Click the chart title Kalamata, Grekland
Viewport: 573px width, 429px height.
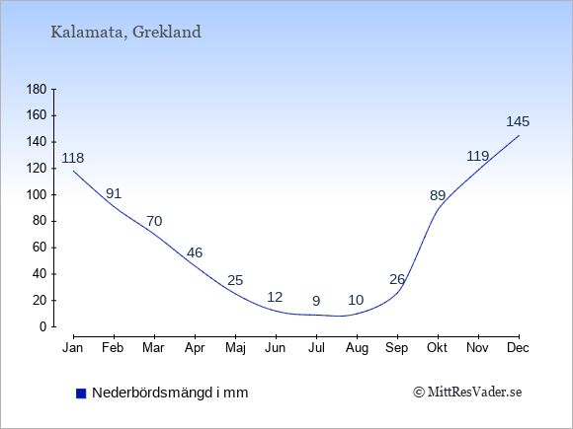[125, 33]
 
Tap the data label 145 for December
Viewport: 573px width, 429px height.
[518, 121]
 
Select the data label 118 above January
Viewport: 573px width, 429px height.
[73, 158]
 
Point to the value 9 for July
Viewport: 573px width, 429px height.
[316, 301]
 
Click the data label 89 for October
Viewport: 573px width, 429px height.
[438, 196]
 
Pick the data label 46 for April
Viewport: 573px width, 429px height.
[195, 252]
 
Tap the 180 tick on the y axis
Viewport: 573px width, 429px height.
[37, 90]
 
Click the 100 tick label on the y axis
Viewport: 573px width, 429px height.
[37, 195]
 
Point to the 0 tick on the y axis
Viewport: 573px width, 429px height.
[43, 326]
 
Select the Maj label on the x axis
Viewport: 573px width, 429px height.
[235, 348]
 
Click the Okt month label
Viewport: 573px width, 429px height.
[437, 348]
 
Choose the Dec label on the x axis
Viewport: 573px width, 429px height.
[518, 348]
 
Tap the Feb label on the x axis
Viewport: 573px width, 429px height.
[113, 348]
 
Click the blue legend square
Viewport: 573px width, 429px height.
[81, 393]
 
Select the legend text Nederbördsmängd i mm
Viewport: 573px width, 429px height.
[170, 393]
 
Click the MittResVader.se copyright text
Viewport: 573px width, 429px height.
[467, 393]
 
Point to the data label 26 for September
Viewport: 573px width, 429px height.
[397, 279]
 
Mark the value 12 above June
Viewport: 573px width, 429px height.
[275, 297]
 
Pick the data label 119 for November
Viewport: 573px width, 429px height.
[477, 156]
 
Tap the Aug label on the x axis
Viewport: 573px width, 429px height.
[357, 348]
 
